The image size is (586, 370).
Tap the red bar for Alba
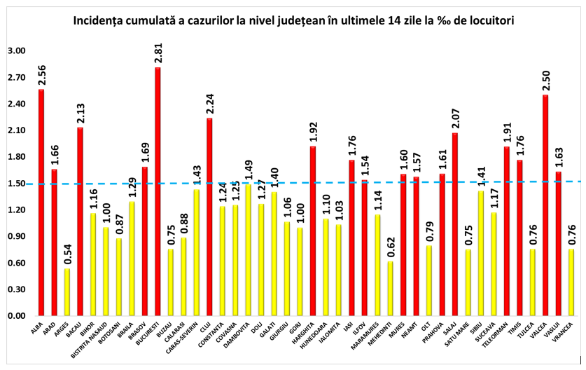41,203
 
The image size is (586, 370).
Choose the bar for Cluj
209,217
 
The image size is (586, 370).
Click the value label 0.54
67,255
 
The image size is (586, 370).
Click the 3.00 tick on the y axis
15,51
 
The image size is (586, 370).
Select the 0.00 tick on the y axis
15,316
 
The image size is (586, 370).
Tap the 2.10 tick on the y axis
15,131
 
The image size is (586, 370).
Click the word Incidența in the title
100,21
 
